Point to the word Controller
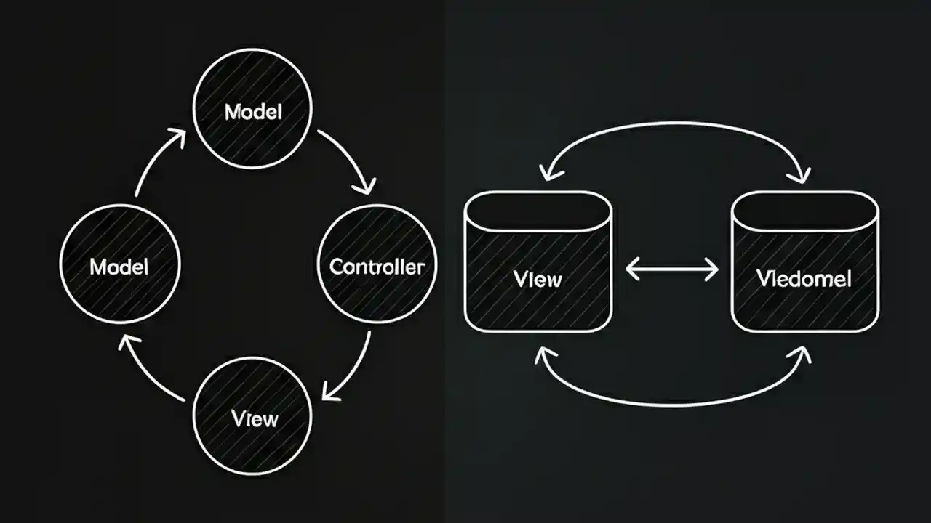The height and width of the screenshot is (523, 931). coord(377,267)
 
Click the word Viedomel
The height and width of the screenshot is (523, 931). coord(804,278)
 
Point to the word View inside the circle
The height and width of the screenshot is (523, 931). coord(255,418)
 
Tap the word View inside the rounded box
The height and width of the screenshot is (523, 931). coord(538,279)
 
